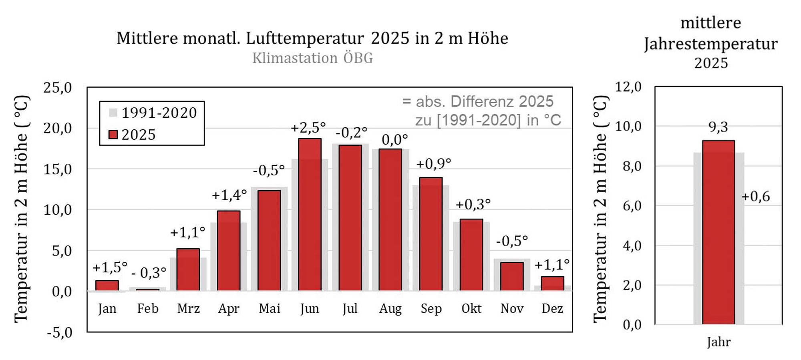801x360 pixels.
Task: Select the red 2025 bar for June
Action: tap(310, 214)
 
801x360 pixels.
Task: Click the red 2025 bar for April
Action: tap(228, 250)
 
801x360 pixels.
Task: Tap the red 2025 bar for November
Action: tap(512, 276)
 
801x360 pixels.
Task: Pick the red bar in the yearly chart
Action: tap(718, 232)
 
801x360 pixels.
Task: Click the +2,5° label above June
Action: tap(308, 128)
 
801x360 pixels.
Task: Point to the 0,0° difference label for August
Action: tap(394, 140)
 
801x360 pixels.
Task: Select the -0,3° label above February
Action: tap(149, 273)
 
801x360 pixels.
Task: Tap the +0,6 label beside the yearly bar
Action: tap(755, 196)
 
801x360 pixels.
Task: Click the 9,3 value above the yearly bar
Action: tap(718, 127)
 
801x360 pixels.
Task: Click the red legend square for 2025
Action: tap(113, 135)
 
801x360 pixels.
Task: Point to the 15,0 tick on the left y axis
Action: tap(58, 169)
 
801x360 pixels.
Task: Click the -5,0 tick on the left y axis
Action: tap(59, 332)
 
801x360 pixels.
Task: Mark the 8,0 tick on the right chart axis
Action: tap(632, 166)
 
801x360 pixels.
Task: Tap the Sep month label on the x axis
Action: tap(431, 309)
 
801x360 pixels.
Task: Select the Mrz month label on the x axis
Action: tap(188, 309)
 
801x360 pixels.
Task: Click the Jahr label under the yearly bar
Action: tap(718, 342)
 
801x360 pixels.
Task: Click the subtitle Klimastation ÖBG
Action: tap(312, 58)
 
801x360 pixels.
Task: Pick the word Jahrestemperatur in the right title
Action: tap(711, 43)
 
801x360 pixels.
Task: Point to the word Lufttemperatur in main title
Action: tap(305, 38)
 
